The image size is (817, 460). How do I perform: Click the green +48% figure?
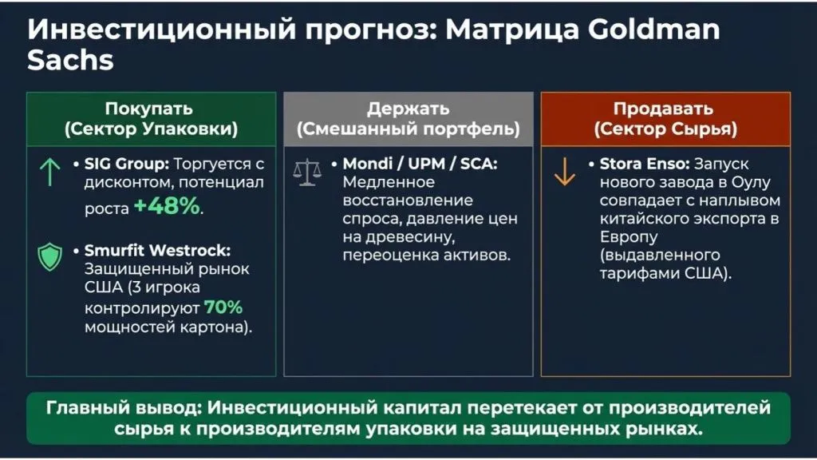168,207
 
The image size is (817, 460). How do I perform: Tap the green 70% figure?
223,307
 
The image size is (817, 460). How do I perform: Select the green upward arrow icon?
49,172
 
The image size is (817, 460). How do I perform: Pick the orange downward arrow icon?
565,172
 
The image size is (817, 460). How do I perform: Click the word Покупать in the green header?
149,109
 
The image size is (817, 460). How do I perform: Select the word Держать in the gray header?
408,109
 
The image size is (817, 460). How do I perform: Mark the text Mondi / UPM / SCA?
420,165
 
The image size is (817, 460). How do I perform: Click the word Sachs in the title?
70,61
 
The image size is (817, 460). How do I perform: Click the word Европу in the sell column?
626,238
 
